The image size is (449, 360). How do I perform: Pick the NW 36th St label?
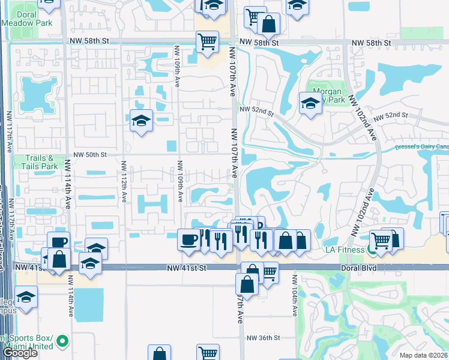(263, 338)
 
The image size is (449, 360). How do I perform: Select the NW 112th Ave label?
(124, 181)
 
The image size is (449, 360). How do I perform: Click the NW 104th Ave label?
(295, 296)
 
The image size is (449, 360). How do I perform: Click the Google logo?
(20, 353)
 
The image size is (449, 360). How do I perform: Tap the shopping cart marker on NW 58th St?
(207, 42)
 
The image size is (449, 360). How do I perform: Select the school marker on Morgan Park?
(310, 103)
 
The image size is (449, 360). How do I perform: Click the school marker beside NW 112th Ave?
(141, 120)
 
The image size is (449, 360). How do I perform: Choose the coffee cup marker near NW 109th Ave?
(189, 239)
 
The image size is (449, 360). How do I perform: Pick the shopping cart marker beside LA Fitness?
(381, 241)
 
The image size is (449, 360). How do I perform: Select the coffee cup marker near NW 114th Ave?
(59, 242)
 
